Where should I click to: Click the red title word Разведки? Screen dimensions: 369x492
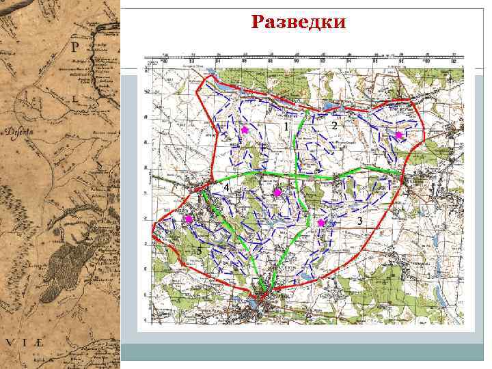coord(299,23)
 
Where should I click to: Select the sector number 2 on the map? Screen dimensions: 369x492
coord(334,126)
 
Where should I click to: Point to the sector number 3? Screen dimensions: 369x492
coord(360,221)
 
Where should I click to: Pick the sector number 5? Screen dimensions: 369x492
coord(199,251)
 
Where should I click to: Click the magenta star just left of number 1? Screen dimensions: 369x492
coord(245,129)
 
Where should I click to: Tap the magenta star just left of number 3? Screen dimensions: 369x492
coord(321,223)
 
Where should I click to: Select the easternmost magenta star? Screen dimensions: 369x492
coord(398,135)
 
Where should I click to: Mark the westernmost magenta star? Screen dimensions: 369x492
coord(189,219)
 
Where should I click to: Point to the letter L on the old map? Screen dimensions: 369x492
coord(74,98)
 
